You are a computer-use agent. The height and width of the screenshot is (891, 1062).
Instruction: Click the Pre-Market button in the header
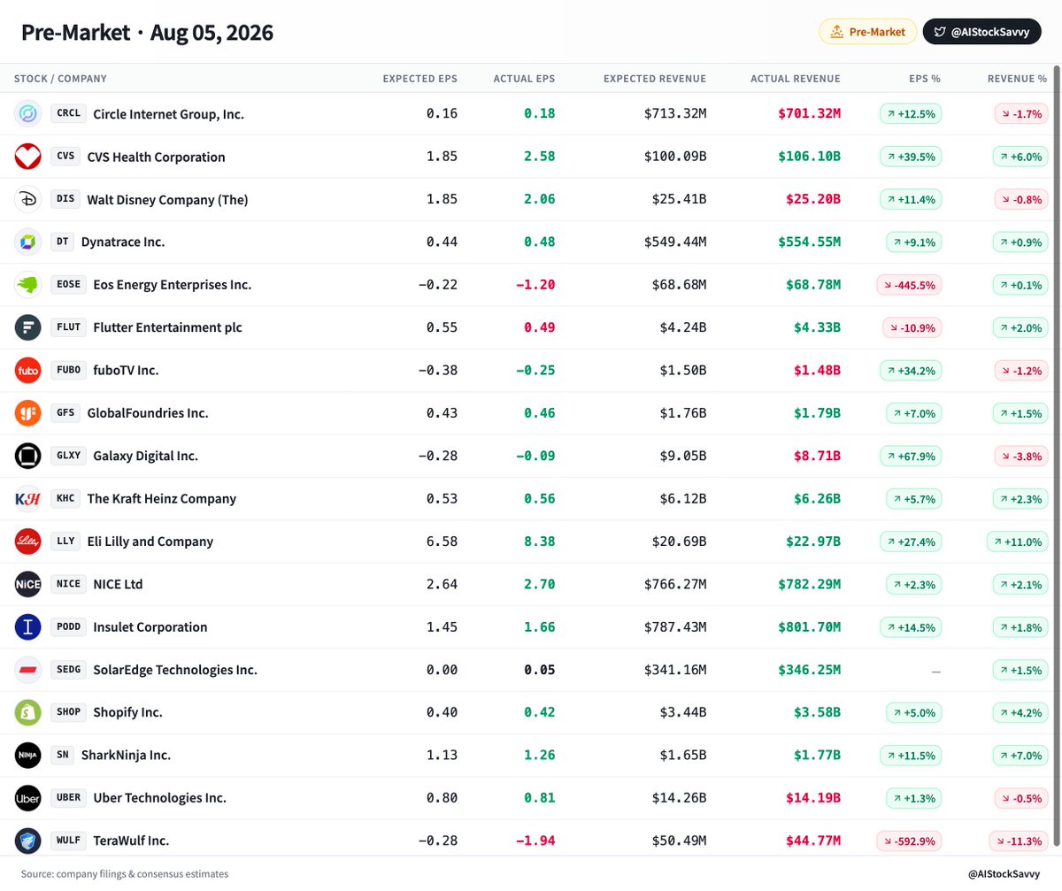point(867,32)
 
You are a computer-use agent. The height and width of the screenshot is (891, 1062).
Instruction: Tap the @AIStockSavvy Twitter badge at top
point(981,32)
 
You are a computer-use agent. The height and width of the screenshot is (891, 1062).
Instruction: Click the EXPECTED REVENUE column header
point(655,79)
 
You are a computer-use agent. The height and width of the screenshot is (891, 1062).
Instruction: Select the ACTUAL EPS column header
point(524,79)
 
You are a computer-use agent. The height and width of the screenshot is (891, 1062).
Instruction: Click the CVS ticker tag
point(65,156)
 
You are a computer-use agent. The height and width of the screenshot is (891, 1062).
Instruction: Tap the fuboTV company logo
point(28,370)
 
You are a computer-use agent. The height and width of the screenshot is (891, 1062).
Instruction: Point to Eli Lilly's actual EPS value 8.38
point(539,542)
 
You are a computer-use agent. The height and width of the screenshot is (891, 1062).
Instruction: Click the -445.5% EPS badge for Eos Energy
point(909,285)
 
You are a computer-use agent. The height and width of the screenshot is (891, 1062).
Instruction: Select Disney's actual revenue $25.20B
point(812,199)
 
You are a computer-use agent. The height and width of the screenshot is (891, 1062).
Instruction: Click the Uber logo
point(28,798)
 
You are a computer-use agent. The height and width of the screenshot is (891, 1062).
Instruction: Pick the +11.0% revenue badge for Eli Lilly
point(1017,542)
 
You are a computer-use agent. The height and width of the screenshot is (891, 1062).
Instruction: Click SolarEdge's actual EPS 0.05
point(539,670)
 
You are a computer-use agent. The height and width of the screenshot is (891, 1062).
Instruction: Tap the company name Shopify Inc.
point(127,712)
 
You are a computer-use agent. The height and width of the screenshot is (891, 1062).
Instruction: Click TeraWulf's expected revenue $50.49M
point(679,841)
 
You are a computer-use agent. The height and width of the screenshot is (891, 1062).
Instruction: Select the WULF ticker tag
point(69,841)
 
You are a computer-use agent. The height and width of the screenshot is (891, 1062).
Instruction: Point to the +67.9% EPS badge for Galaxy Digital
point(911,457)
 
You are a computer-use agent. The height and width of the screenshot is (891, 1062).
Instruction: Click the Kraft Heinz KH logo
point(28,499)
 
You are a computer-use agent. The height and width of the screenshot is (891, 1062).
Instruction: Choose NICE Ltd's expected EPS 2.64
point(442,584)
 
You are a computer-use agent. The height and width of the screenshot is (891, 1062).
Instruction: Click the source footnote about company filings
point(125,873)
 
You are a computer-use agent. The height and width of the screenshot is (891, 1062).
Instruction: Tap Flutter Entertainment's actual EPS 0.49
point(539,327)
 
